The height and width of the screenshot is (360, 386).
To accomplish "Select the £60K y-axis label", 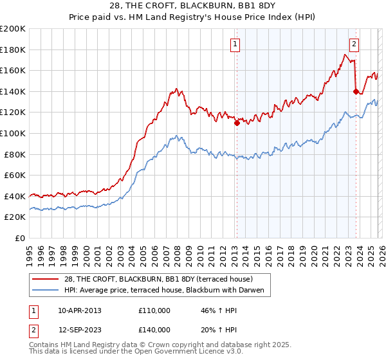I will click(15, 175).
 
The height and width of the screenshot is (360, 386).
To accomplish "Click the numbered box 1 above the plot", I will click(235, 44).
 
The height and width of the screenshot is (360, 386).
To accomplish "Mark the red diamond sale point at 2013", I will click(237, 123).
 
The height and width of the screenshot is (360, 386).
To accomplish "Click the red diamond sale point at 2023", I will click(356, 91).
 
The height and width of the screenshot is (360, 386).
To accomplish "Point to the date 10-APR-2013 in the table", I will click(80, 310).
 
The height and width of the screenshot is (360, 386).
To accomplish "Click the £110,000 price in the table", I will click(154, 310).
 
